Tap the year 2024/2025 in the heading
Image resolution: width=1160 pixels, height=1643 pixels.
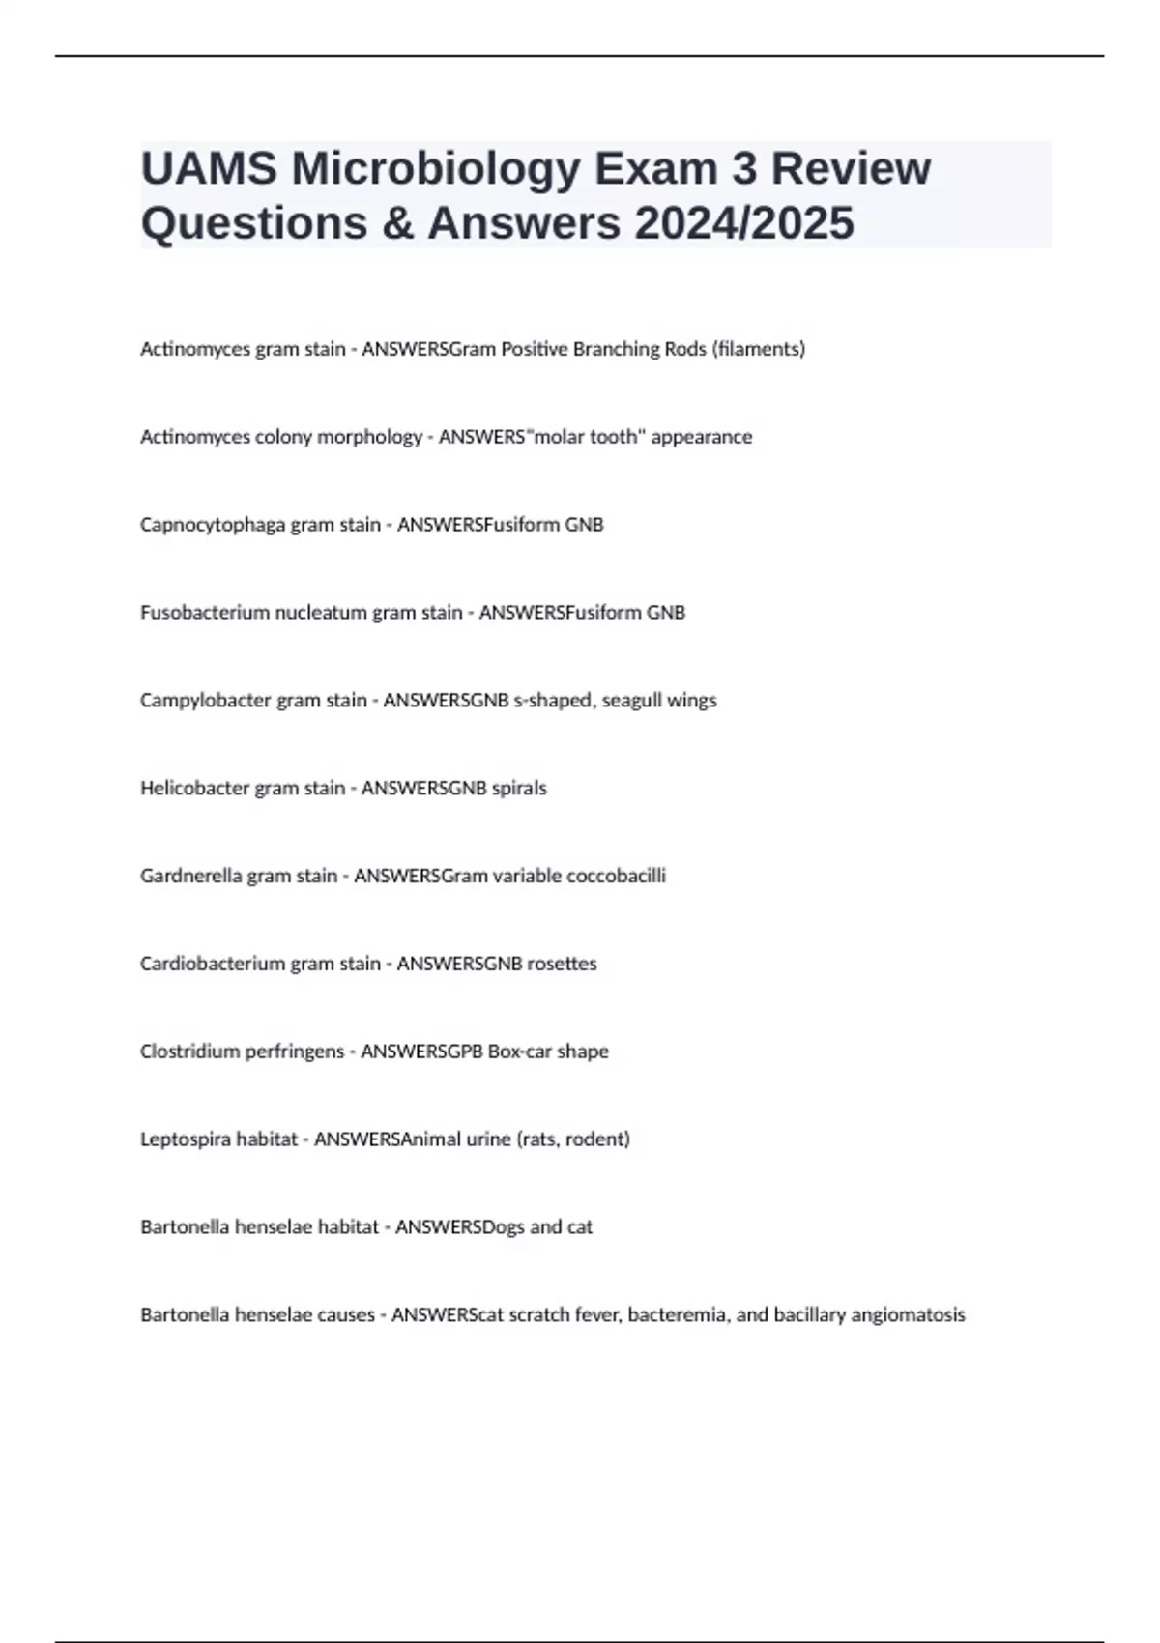[744, 223]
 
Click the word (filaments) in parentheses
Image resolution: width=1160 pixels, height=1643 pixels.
[758, 349]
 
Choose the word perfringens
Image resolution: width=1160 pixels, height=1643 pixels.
[298, 1052]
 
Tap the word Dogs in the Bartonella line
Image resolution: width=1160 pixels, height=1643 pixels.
[503, 1227]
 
